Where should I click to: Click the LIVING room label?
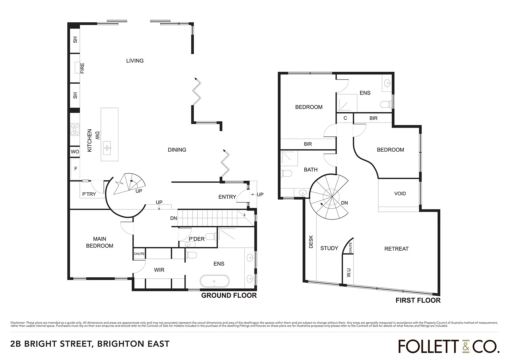pos(135,61)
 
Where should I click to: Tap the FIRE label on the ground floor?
pos(82,68)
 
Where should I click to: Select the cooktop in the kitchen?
pos(75,129)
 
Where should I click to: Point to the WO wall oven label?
pos(75,152)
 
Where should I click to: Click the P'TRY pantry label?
pos(89,194)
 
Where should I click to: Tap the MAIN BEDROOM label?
pos(100,242)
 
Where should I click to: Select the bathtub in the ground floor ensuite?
pos(215,281)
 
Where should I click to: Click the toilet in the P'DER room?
pos(210,237)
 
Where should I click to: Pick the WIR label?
pos(159,270)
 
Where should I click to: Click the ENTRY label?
pos(227,197)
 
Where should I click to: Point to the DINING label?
pos(177,150)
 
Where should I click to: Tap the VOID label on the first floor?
pos(400,193)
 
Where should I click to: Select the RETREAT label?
pos(396,249)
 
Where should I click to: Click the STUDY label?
pos(329,248)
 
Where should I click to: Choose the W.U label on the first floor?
pos(349,273)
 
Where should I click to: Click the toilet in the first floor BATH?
pos(286,173)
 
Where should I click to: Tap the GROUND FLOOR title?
pos(229,295)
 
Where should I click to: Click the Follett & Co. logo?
pos(449,346)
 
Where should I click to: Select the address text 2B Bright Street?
pos(90,344)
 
